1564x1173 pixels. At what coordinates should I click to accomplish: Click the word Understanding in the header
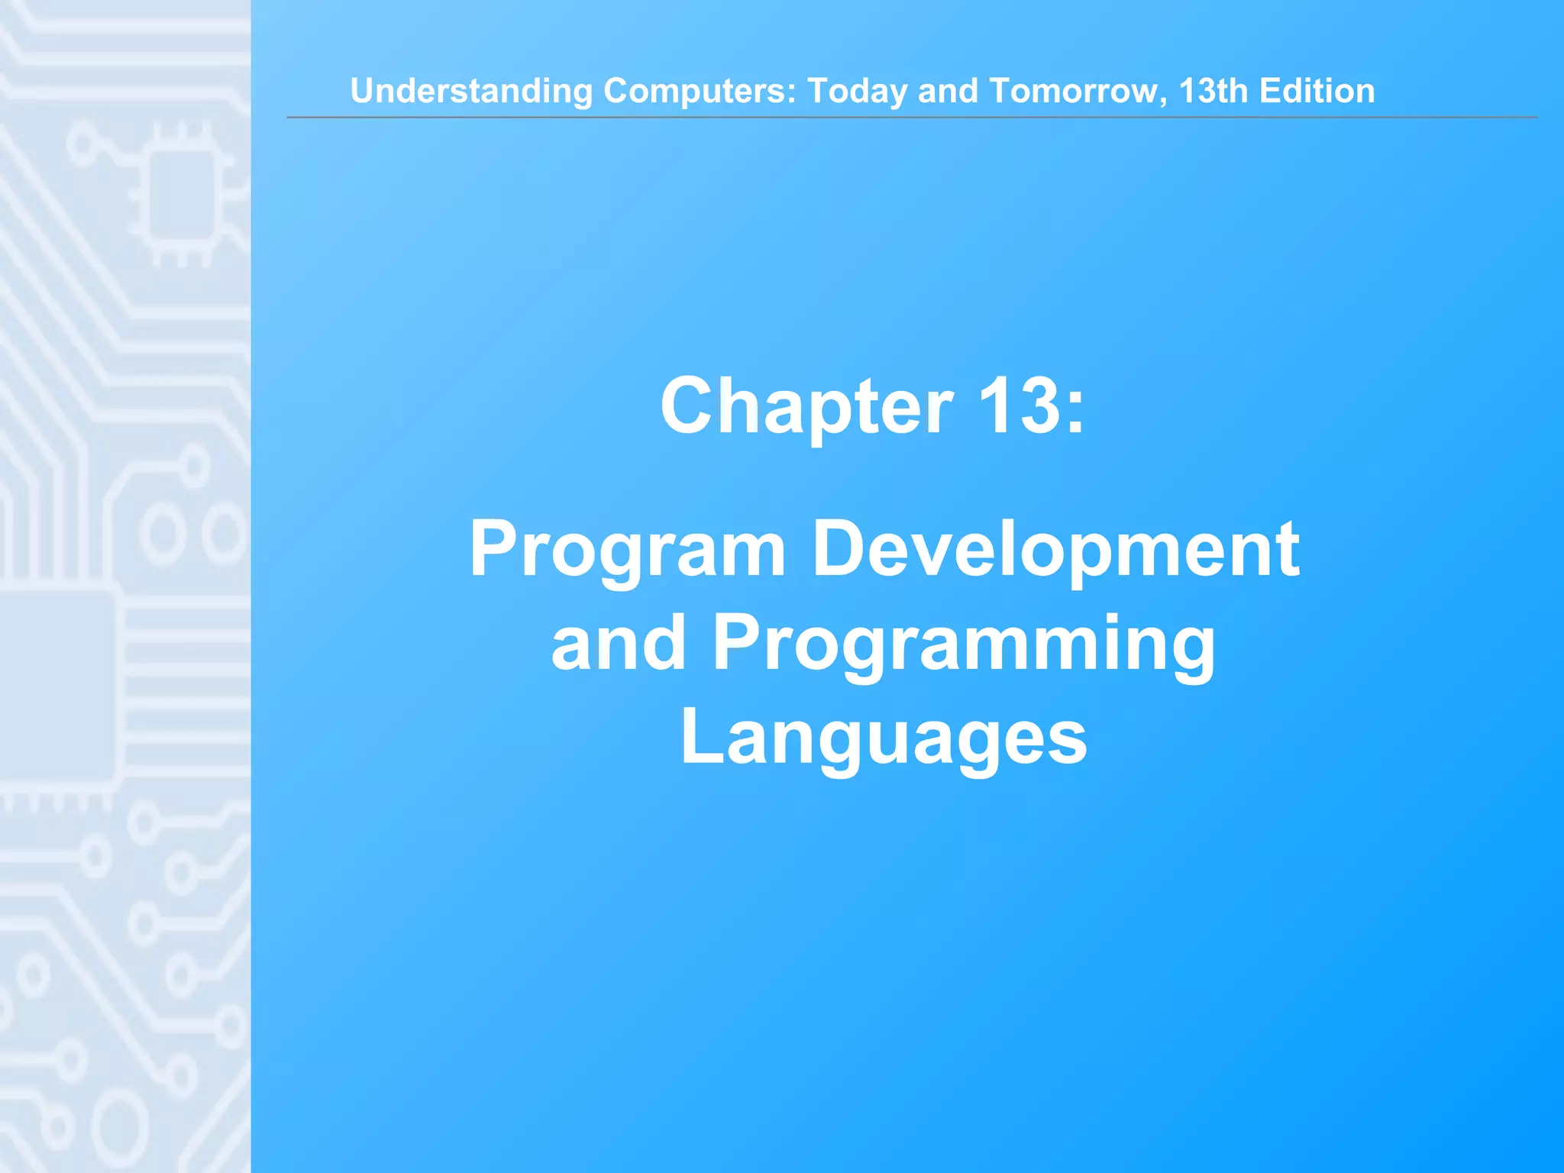(x=471, y=92)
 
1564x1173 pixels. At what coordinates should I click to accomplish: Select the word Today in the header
(x=858, y=92)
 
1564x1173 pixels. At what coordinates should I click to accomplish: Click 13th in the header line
(x=1213, y=91)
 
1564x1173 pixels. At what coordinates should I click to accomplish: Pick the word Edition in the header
(x=1317, y=91)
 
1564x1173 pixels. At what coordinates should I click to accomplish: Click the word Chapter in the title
(x=806, y=408)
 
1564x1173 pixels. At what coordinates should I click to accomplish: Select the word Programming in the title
(x=964, y=646)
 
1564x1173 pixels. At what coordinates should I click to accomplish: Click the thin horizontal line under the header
(x=912, y=118)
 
